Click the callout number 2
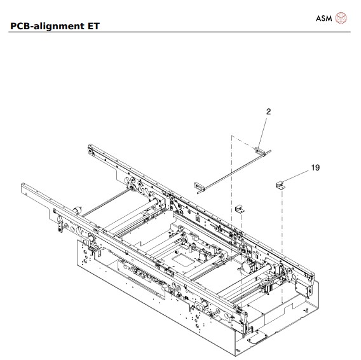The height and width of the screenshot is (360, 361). (268, 111)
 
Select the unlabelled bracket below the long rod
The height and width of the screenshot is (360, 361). (240, 209)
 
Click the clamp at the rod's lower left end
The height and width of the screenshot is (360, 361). (200, 186)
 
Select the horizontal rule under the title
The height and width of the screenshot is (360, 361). (180, 32)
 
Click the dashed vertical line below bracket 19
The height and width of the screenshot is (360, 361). (280, 242)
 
